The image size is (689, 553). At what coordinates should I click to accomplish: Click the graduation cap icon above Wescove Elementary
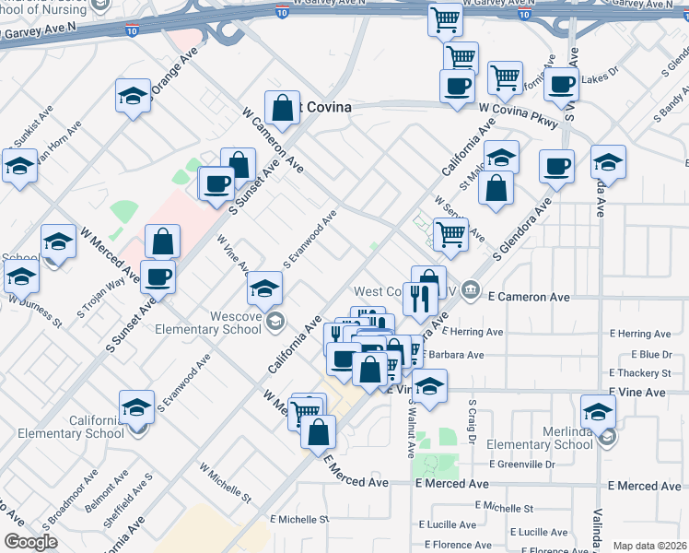[x=264, y=289]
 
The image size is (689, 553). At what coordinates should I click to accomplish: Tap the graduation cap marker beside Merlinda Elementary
[x=598, y=411]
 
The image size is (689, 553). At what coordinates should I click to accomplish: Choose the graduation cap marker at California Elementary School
[x=135, y=406]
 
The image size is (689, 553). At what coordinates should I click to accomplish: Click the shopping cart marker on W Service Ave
[x=450, y=234]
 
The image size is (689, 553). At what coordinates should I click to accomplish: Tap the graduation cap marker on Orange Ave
[x=133, y=95]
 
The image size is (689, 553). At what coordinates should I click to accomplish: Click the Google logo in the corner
[x=30, y=542]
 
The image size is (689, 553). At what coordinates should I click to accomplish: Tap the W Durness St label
[x=35, y=311]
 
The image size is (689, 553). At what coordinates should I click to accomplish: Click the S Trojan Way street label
[x=100, y=297]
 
